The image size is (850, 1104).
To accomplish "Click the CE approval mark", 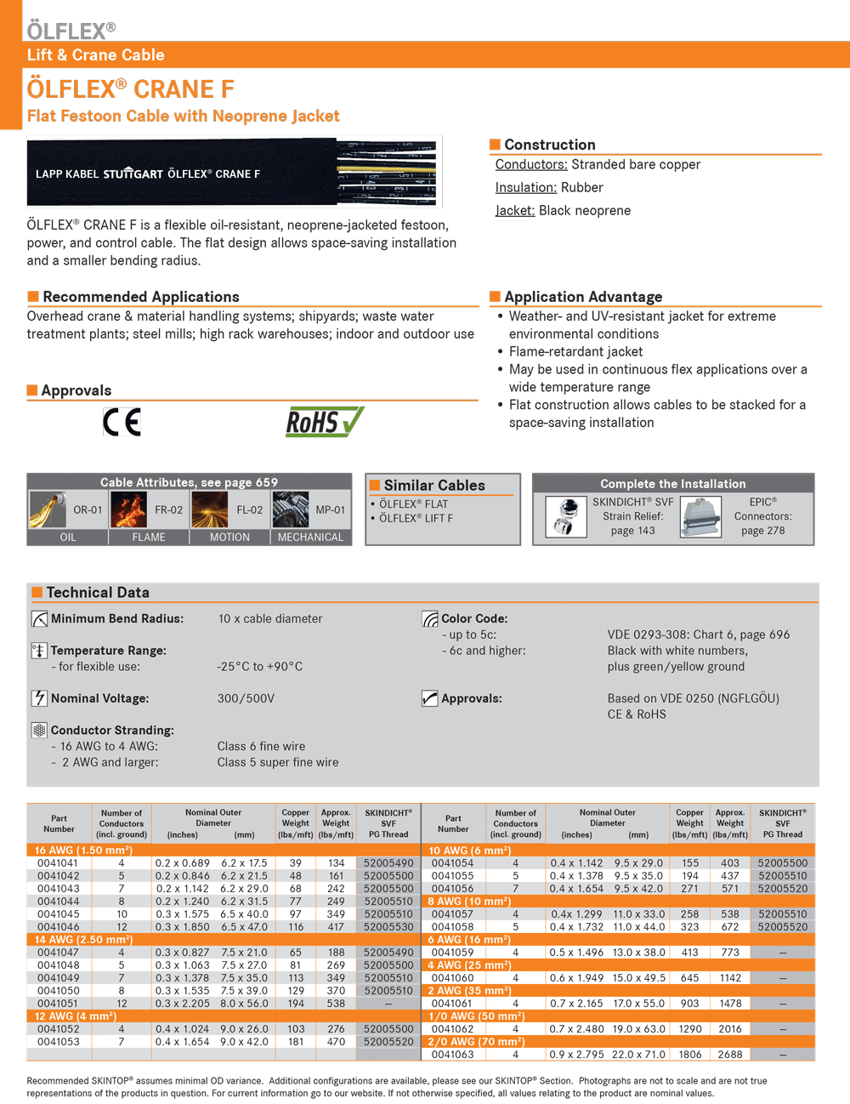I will click(x=122, y=422).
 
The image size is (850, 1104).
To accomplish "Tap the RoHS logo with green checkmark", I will click(x=324, y=421).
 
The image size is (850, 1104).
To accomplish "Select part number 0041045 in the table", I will click(x=58, y=914).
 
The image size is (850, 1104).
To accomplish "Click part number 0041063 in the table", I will click(x=452, y=1055).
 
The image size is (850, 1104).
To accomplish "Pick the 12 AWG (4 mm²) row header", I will click(x=76, y=1016).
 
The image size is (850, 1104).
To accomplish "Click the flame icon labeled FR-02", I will click(x=128, y=510).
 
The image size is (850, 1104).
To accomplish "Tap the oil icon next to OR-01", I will click(x=48, y=510).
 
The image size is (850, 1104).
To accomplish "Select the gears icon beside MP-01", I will click(x=291, y=510).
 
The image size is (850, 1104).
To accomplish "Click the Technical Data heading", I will click(x=97, y=593).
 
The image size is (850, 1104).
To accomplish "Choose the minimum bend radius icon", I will click(x=39, y=619).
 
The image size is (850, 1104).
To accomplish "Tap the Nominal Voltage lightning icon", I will click(x=39, y=698).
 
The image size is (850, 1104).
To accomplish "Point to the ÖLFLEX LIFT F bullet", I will click(x=416, y=518).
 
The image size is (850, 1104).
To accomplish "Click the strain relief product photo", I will click(x=565, y=517).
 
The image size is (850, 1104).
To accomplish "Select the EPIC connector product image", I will click(x=700, y=517).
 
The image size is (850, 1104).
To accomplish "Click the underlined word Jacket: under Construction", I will click(x=515, y=211).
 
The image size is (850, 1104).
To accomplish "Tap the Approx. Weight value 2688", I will click(x=729, y=1055).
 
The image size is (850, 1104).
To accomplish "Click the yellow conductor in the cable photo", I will click(x=387, y=169).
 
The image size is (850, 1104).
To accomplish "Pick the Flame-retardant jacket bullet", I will click(x=575, y=352).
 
